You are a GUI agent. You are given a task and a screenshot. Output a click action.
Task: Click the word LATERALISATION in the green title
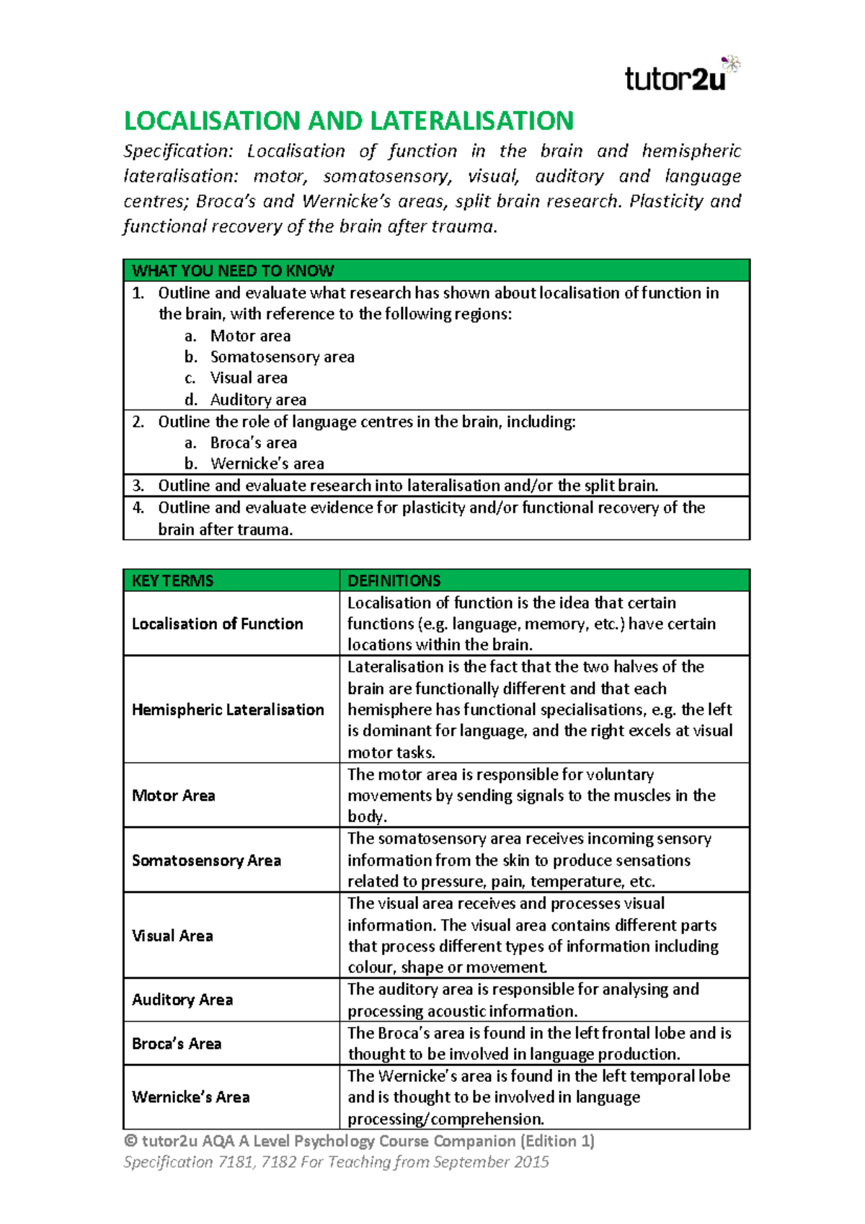point(471,120)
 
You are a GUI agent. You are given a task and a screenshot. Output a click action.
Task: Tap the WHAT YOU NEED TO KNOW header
point(233,271)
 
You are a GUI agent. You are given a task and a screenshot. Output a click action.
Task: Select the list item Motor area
point(250,336)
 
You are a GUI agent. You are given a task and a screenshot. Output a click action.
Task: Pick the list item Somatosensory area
point(282,357)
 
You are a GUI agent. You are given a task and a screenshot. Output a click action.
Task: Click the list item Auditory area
point(258,399)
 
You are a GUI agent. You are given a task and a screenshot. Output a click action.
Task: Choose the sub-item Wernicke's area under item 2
point(267,464)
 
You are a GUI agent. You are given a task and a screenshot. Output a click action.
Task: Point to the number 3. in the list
point(138,485)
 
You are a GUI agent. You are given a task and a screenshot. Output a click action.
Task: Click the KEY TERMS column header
point(172,581)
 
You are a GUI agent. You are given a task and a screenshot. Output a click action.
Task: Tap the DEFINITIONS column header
point(394,581)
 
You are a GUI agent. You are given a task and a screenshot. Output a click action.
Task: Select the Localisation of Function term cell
point(217,624)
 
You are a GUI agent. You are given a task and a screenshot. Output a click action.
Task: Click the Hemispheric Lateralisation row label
point(228,709)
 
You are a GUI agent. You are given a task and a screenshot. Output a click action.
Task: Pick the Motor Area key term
point(173,795)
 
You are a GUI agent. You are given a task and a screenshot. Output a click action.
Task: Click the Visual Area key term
point(172,936)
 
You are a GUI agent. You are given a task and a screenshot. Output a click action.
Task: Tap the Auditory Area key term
point(182,1000)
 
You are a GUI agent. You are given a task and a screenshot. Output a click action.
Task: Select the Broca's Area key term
point(177,1044)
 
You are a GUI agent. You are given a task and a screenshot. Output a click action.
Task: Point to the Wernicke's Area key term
point(190,1097)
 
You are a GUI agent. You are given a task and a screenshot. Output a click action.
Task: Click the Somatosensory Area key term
point(206,860)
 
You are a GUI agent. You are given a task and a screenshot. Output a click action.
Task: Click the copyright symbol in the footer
point(130,1141)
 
